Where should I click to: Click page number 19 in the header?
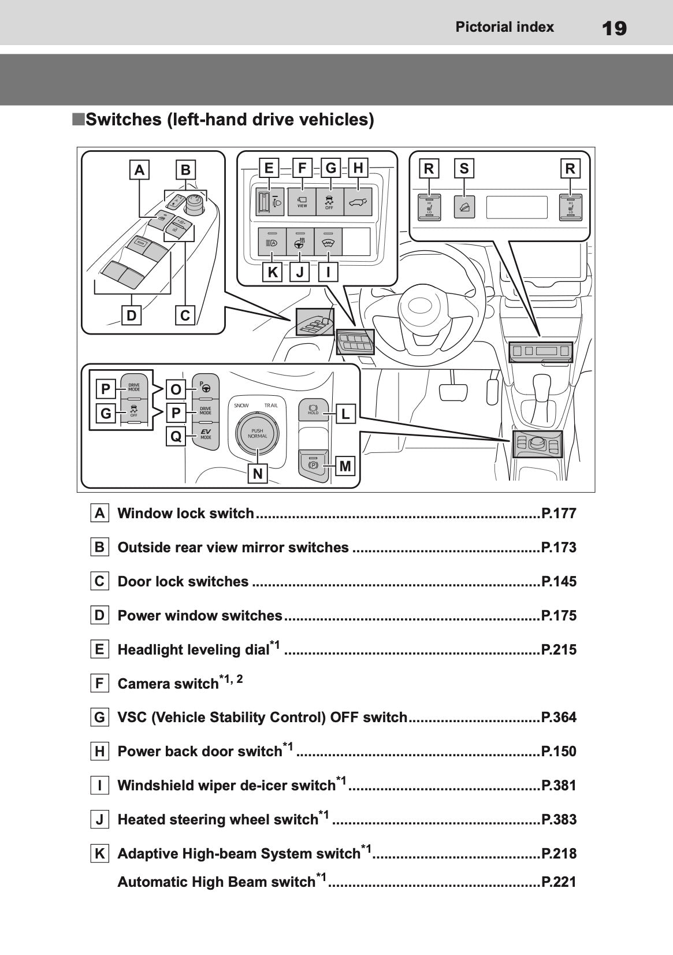[x=613, y=28]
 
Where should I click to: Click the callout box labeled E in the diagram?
[x=269, y=168]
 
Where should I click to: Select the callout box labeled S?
[x=464, y=169]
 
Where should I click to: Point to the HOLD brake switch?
[x=313, y=410]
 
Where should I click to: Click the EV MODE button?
[x=206, y=435]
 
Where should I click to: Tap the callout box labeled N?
[x=258, y=474]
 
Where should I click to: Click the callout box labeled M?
[x=345, y=466]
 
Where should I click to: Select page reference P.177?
[x=559, y=514]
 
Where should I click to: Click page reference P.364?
[x=559, y=718]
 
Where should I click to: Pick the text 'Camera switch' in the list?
[x=168, y=684]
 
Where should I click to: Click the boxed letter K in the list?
[x=100, y=853]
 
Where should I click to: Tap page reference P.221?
[x=559, y=882]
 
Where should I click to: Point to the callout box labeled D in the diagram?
[x=132, y=315]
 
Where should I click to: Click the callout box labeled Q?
[x=176, y=436]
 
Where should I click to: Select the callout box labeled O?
[x=176, y=389]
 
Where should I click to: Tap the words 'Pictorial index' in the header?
[x=504, y=27]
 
